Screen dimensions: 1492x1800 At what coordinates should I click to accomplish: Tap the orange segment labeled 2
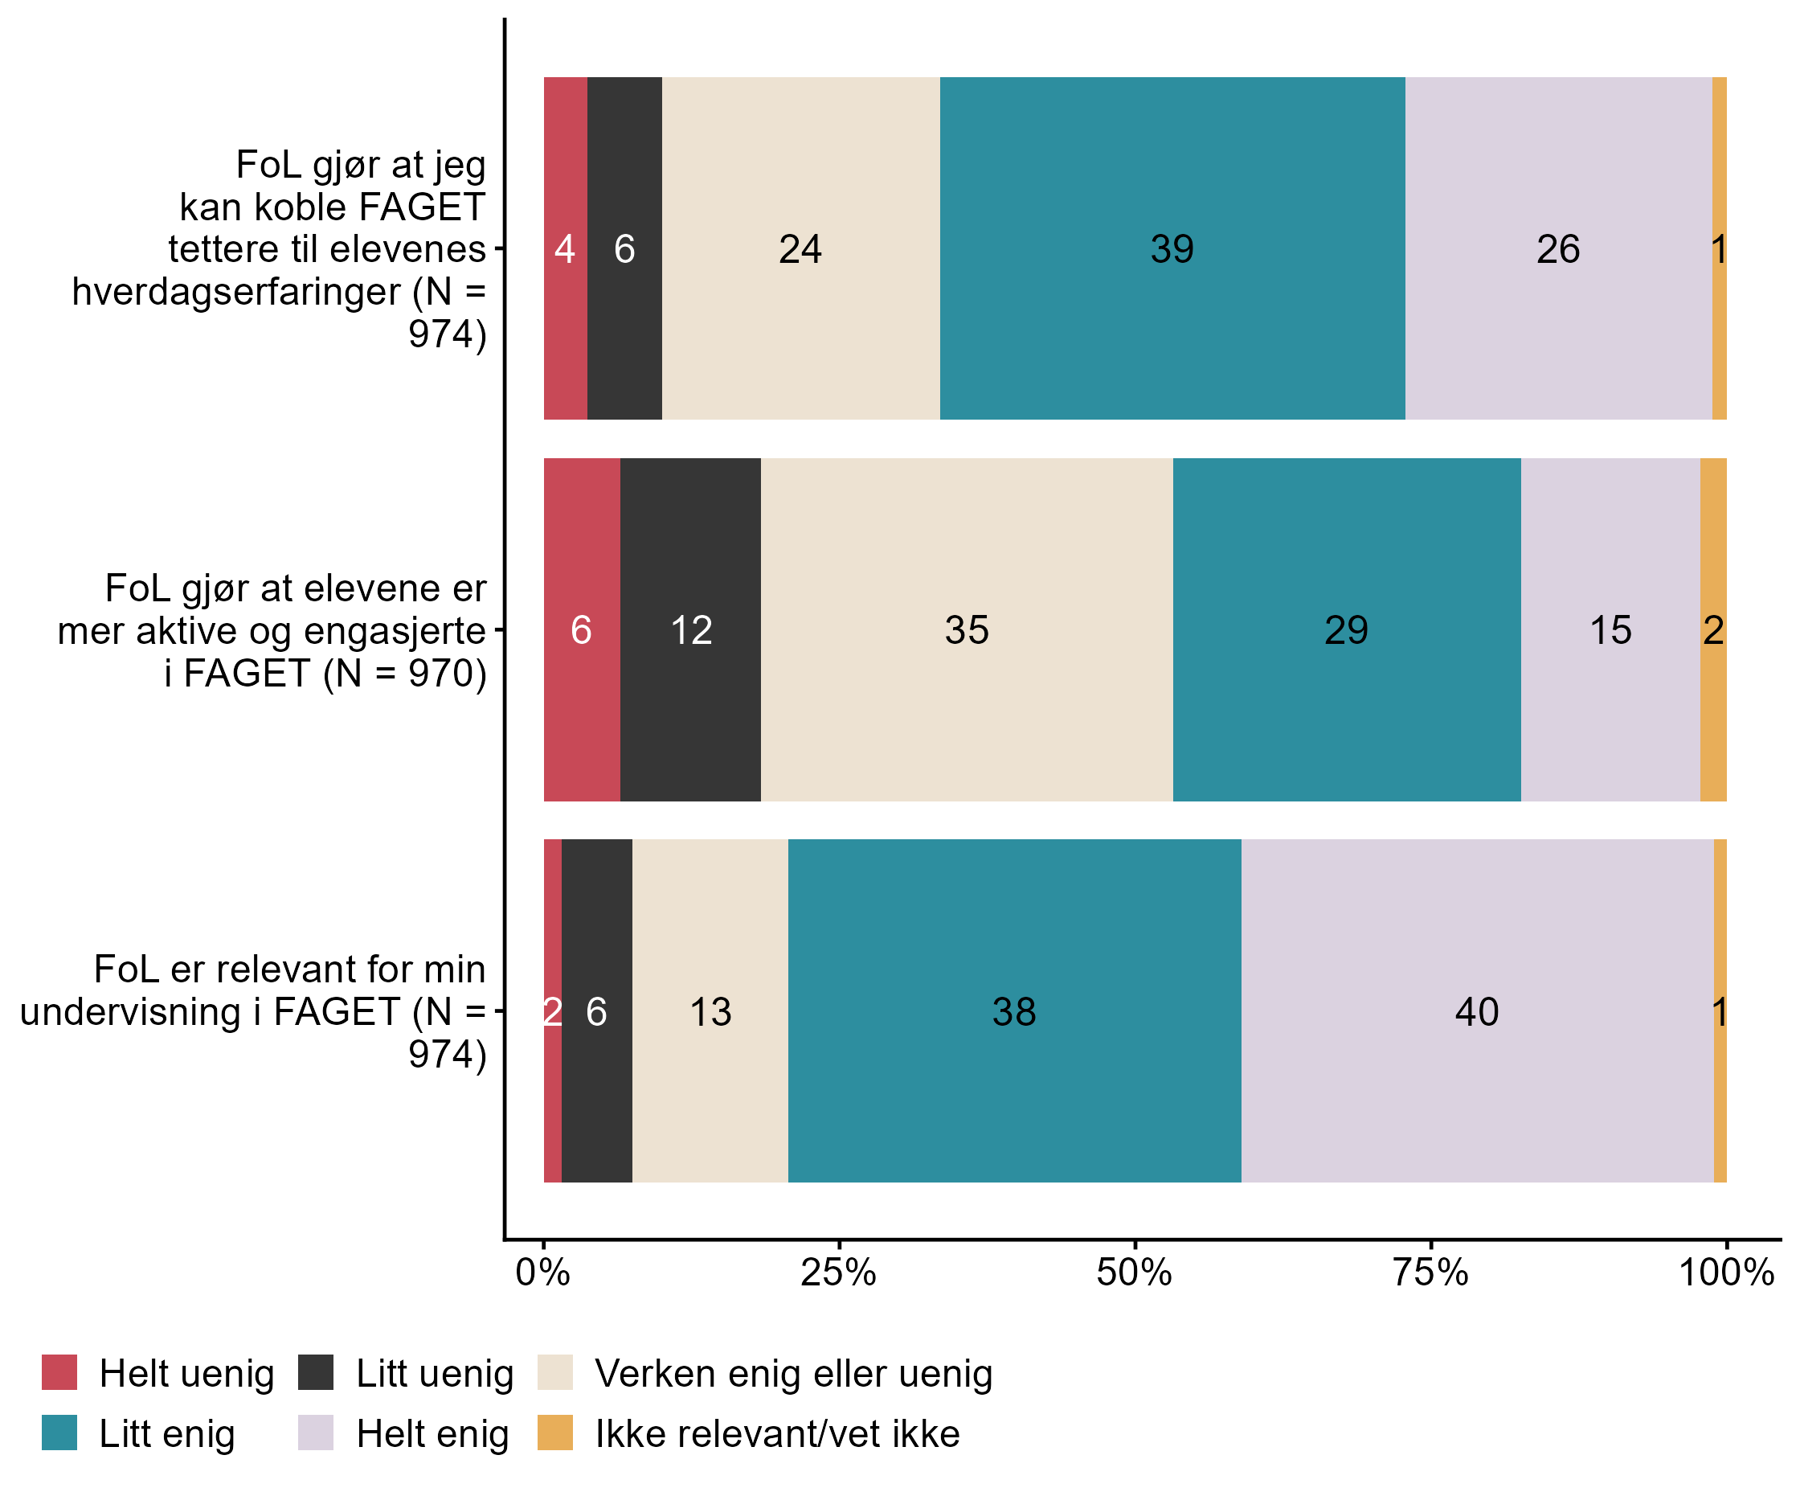[1712, 630]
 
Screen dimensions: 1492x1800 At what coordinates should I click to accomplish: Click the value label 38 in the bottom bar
[1014, 1012]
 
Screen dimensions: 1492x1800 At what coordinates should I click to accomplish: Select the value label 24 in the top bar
[800, 249]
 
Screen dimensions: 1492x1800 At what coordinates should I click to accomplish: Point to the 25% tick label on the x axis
[838, 1273]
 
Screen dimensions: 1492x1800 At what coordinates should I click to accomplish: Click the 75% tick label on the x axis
[1430, 1273]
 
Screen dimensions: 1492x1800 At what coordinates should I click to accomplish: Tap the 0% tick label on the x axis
[542, 1273]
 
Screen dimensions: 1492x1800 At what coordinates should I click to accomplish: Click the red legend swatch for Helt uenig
[59, 1373]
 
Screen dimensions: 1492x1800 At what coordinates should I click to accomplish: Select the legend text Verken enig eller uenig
[794, 1374]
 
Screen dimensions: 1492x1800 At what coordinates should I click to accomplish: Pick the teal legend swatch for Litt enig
[59, 1433]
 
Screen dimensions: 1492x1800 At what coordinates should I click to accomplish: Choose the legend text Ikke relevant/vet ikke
[777, 1433]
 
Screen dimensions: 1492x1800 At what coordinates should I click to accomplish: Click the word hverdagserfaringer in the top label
[236, 292]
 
